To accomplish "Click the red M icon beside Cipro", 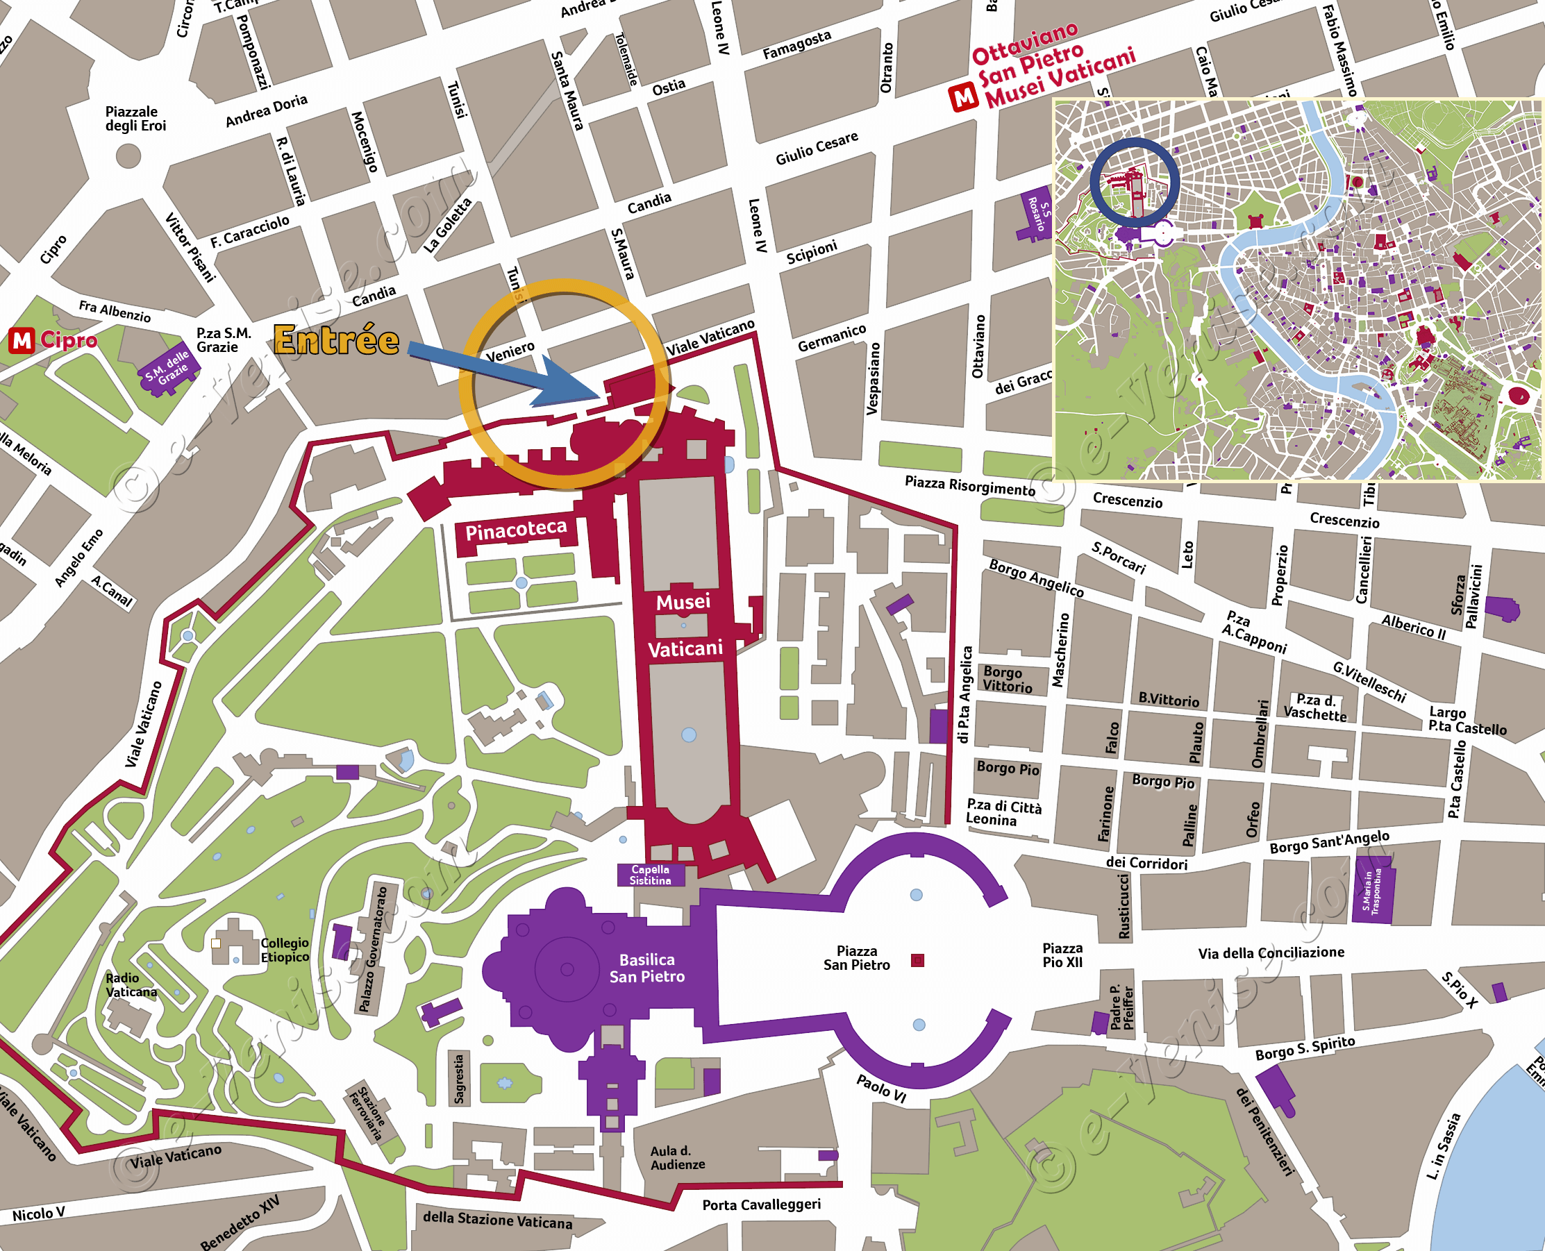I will click(22, 340).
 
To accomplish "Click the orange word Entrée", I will click(337, 340).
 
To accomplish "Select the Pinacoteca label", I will click(515, 530).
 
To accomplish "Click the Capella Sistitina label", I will click(650, 875).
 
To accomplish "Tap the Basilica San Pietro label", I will click(646, 968).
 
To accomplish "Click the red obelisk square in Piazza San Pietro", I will click(917, 960).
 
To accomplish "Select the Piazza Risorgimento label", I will click(969, 486).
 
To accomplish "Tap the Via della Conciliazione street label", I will click(1271, 952).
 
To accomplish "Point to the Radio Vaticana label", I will click(131, 984).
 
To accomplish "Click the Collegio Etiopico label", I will click(285, 950).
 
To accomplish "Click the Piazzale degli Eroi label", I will click(135, 118).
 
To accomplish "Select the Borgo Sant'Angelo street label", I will click(1329, 841).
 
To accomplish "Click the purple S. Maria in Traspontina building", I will click(1373, 891).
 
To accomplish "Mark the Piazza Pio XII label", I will click(1062, 955).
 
